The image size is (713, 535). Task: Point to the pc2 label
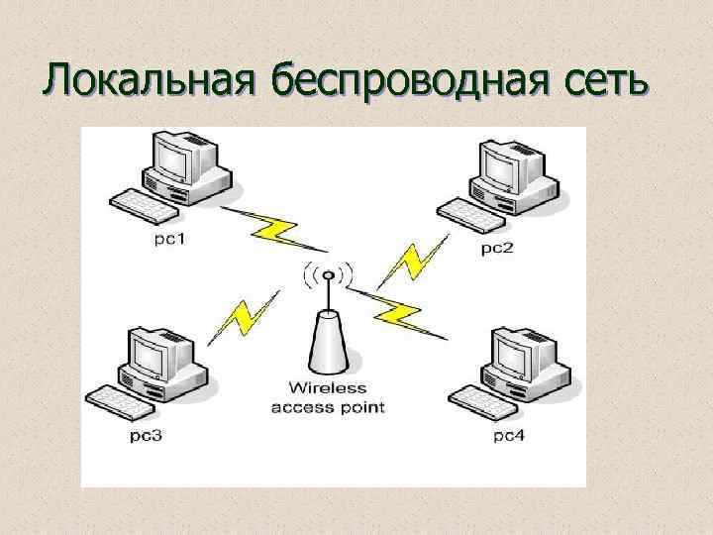497,247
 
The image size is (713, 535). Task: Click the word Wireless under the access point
328,389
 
